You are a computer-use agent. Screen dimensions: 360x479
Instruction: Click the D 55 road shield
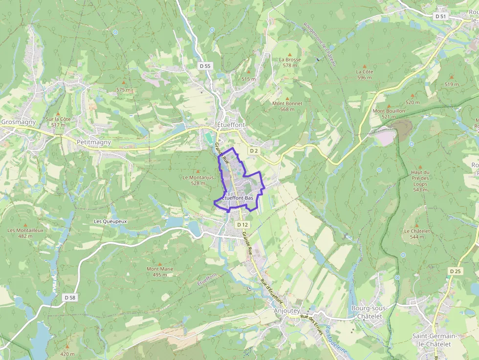pos(205,65)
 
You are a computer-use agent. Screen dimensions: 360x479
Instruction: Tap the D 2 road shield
pos(253,151)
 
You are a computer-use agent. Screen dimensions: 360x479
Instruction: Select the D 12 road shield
pos(242,225)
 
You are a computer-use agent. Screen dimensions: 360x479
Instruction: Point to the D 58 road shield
pos(70,297)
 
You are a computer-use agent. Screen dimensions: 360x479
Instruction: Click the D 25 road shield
pos(455,271)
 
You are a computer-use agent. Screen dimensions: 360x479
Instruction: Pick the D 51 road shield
pos(441,16)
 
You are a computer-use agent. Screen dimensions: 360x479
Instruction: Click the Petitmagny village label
pos(94,142)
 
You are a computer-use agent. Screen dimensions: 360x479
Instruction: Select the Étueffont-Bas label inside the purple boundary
pos(238,198)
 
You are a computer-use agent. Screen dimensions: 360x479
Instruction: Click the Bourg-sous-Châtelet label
pos(370,312)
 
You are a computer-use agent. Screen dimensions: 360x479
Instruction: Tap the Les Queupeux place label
pos(110,221)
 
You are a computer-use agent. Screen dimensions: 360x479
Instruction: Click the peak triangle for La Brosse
pos(290,54)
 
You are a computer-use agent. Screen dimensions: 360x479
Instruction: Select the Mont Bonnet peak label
pos(287,106)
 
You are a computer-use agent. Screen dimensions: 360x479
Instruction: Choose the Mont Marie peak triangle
pos(159,264)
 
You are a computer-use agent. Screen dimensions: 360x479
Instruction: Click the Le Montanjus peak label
pos(198,180)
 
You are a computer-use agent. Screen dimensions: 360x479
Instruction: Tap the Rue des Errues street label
pos(312,325)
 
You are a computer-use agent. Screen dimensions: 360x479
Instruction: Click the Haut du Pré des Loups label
pos(420,181)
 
